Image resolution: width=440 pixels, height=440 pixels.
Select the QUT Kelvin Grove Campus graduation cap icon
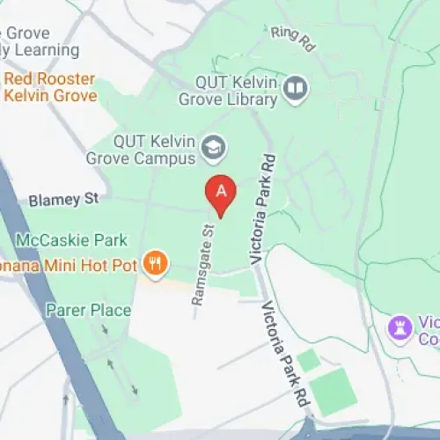pos(212,149)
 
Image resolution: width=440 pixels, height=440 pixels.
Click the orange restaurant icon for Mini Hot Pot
pos(155,262)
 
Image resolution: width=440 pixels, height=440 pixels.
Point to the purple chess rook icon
pos(400,330)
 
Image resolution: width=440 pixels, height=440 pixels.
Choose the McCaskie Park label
pos(72,239)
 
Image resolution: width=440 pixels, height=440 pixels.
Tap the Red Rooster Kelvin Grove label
pos(49,86)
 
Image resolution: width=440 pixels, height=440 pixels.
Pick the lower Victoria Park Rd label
pos(284,351)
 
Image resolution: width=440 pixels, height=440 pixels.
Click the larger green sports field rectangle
pos(334,392)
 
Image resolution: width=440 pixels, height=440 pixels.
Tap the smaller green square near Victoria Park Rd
pos(308,360)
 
